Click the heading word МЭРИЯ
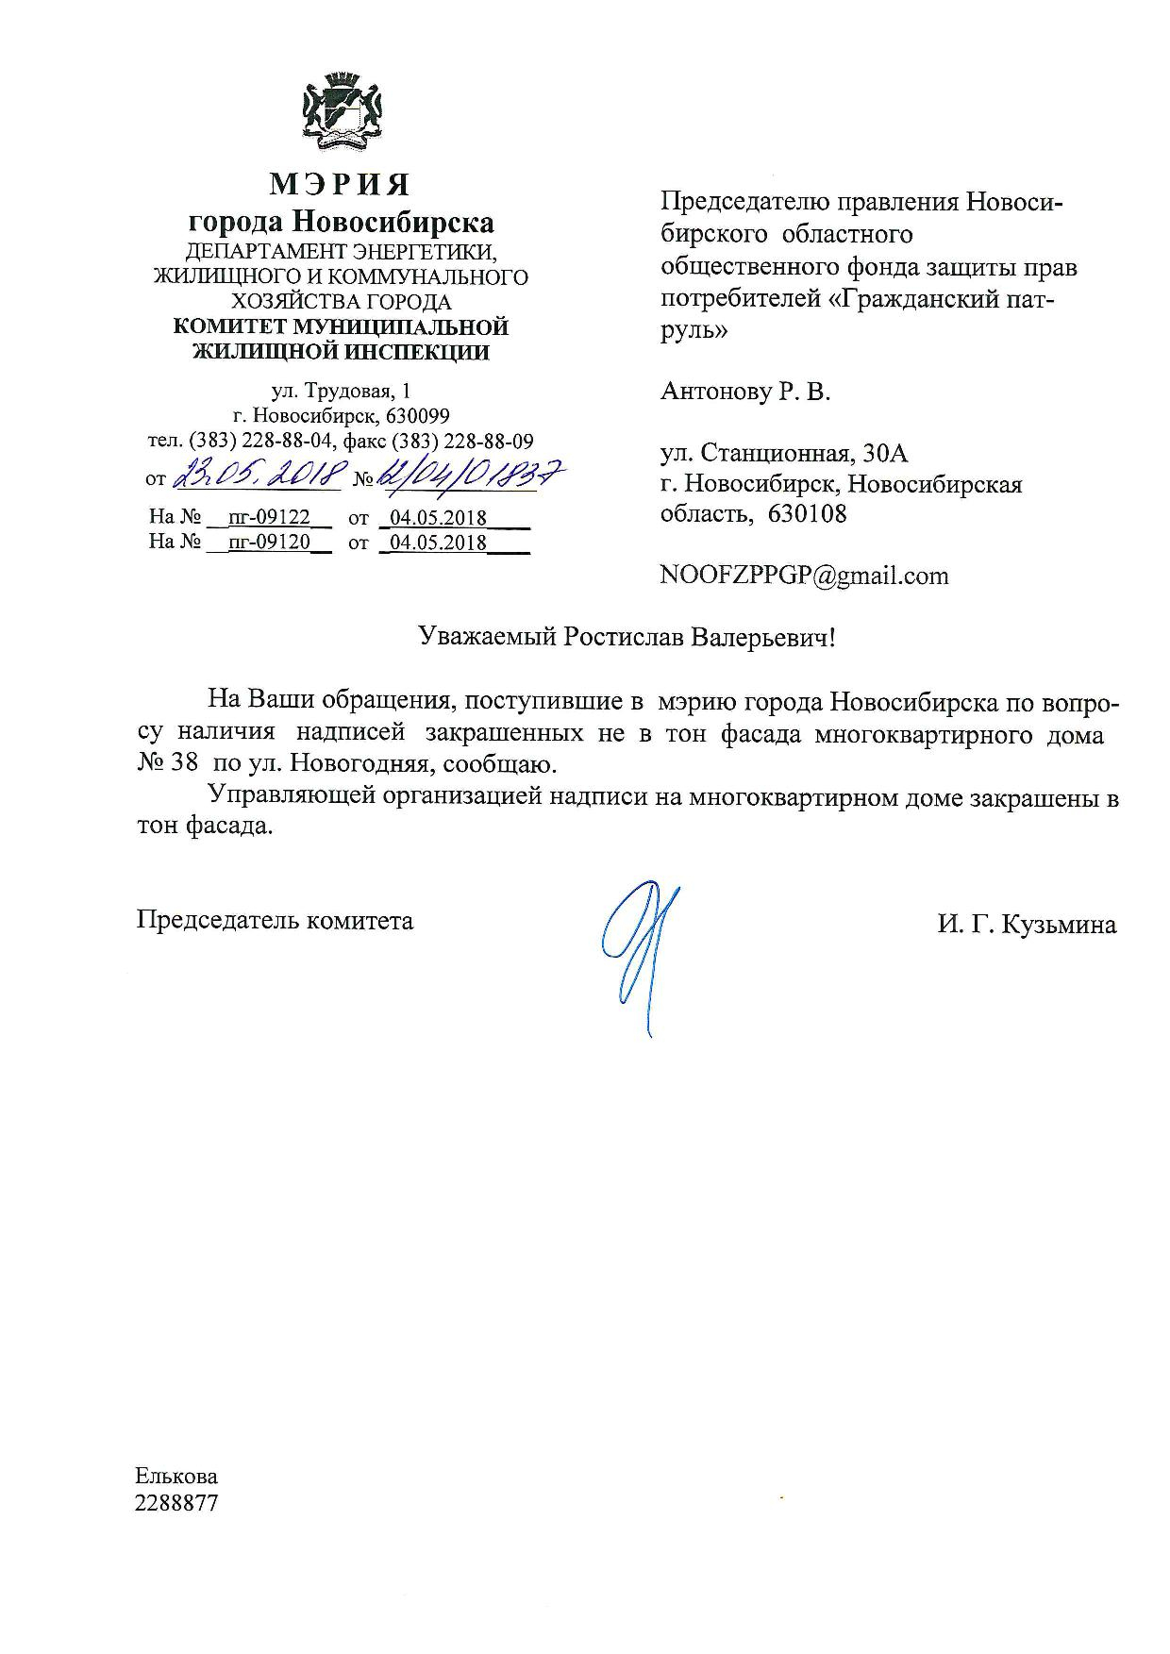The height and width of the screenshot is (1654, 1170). tap(340, 184)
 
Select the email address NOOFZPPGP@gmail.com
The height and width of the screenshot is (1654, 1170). tap(804, 576)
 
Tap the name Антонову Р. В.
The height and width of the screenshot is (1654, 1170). tap(745, 392)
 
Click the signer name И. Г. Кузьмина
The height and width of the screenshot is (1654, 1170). tap(1027, 925)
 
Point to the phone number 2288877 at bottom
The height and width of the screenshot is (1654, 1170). tap(176, 1503)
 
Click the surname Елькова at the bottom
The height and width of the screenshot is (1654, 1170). tap(176, 1477)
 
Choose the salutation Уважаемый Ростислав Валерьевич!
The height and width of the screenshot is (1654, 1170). tap(627, 637)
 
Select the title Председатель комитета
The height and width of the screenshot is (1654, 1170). tap(275, 920)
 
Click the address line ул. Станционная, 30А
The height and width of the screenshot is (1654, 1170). tap(784, 454)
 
